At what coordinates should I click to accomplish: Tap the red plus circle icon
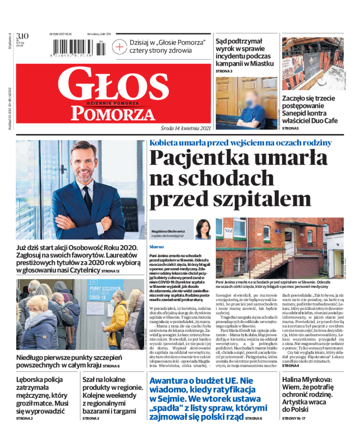(x=120, y=46)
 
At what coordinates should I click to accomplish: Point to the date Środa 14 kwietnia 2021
(x=185, y=128)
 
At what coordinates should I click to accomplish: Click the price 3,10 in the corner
(x=22, y=36)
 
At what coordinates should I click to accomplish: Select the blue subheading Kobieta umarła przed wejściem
(x=240, y=143)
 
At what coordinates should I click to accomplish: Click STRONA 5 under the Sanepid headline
(x=291, y=129)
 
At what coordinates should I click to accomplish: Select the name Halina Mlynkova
(x=307, y=381)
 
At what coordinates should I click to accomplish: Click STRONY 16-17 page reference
(x=295, y=418)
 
